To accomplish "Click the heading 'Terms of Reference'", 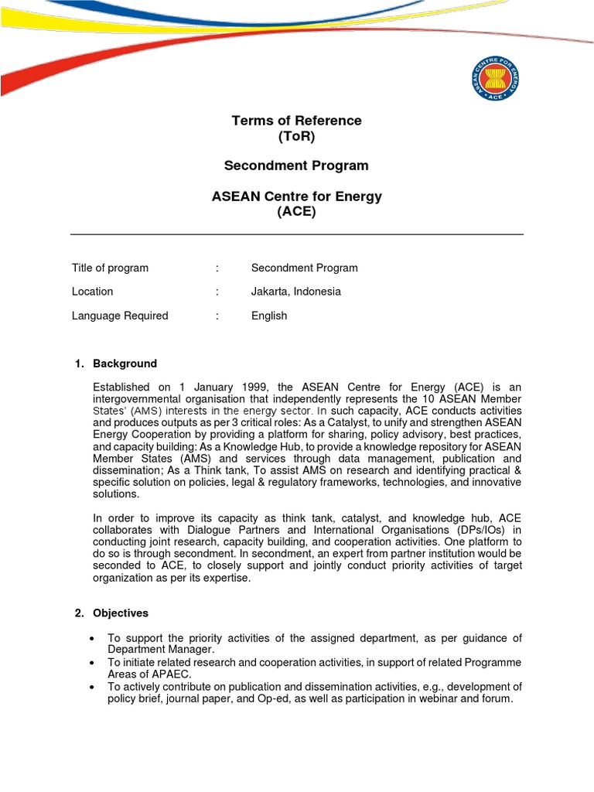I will click(x=296, y=121).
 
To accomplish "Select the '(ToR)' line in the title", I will click(x=296, y=137).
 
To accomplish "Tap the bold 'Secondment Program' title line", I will click(x=296, y=166).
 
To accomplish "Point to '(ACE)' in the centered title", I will click(x=296, y=212).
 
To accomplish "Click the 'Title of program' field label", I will click(x=110, y=268).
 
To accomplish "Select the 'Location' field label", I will click(x=92, y=292).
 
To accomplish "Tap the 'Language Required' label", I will click(x=120, y=316).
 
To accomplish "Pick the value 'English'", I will click(x=269, y=316).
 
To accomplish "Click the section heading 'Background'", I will click(x=125, y=364).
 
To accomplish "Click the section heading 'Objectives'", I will click(x=121, y=613).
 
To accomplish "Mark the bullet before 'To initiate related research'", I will click(x=92, y=663).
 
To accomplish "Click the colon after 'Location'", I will click(x=217, y=292).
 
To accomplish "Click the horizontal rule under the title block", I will click(x=296, y=234).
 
